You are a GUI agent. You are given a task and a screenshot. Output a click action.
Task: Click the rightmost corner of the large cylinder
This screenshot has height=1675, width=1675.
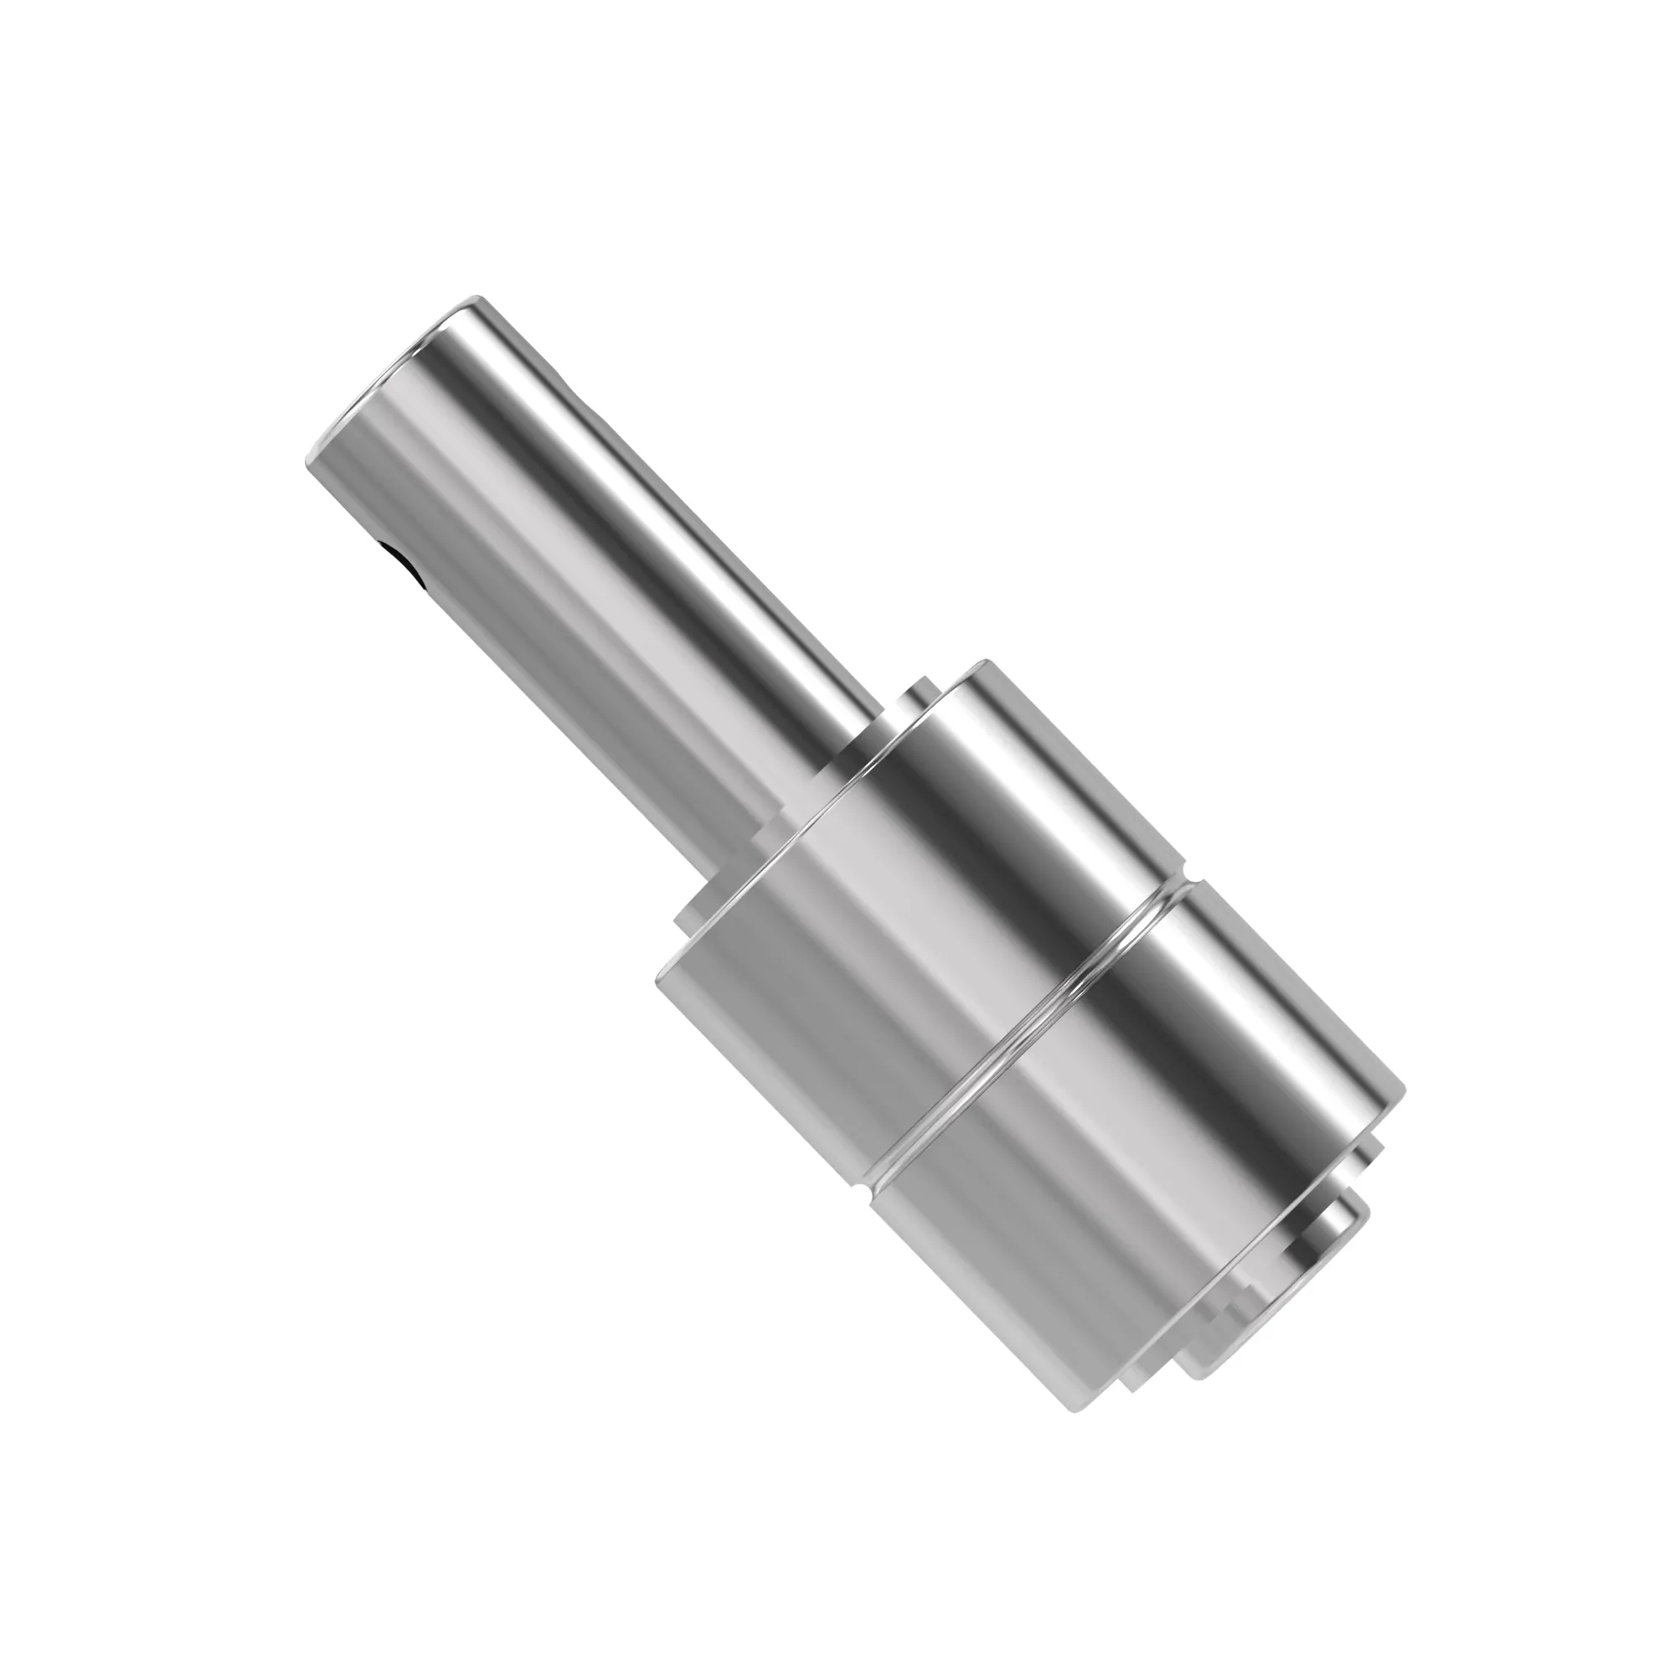coord(1402,1090)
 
